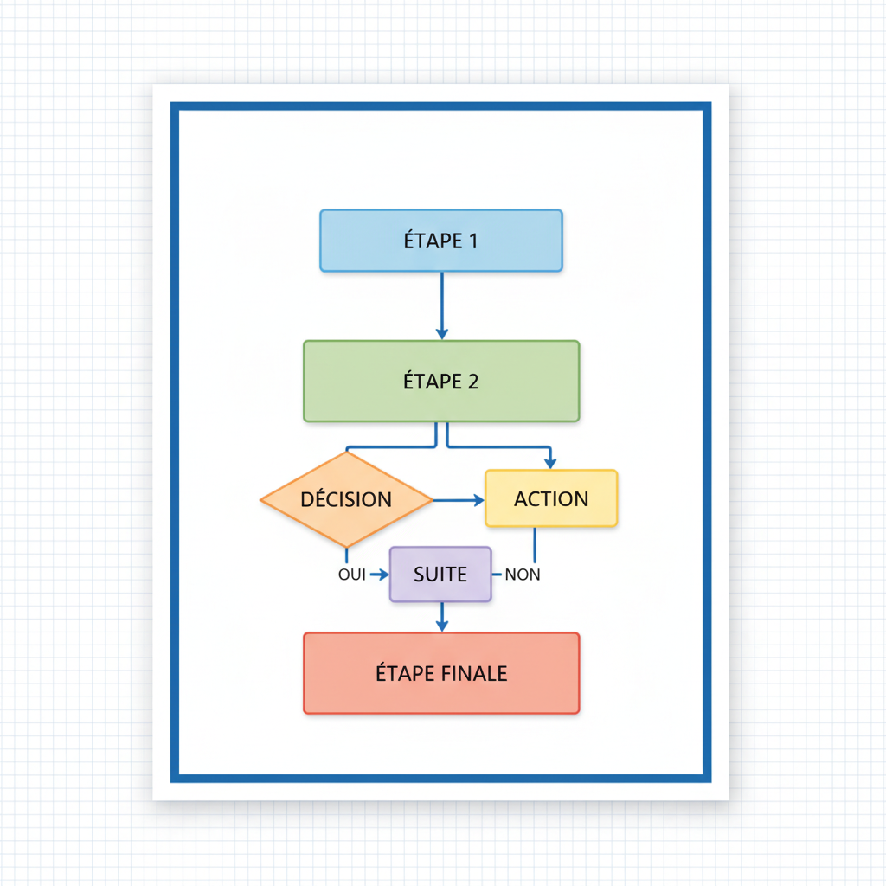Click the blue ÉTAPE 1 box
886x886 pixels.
click(441, 241)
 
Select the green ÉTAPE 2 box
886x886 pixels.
click(441, 381)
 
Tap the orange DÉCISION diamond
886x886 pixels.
click(346, 500)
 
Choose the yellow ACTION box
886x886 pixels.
click(551, 498)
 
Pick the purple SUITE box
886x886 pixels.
click(440, 575)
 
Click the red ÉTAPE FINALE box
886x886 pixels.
click(441, 673)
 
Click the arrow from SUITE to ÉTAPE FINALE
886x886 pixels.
click(442, 616)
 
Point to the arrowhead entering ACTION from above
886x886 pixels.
click(549, 463)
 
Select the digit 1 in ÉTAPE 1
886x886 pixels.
click(472, 241)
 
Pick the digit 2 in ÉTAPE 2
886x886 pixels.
click(472, 381)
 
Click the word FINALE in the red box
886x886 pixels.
click(475, 673)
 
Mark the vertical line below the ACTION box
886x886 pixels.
click(534, 545)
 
